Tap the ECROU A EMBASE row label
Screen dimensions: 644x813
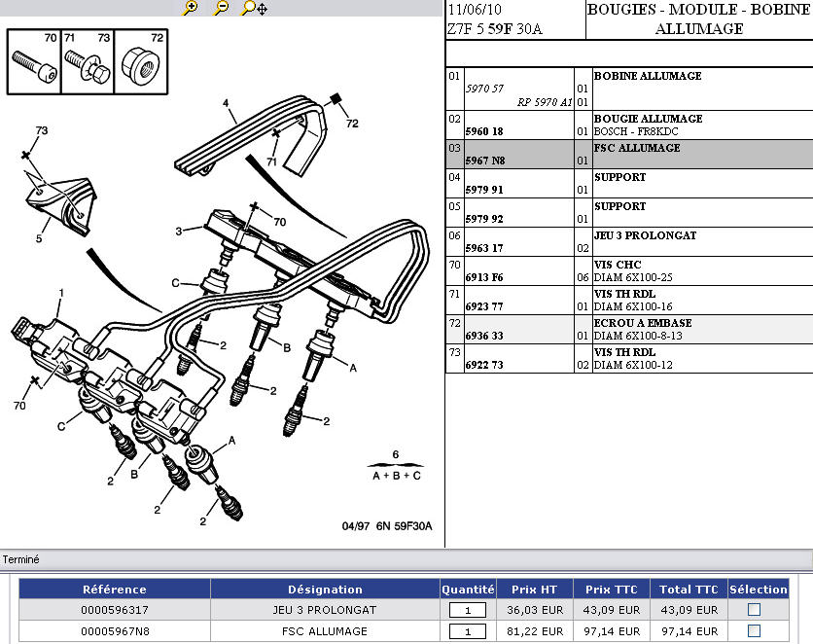click(642, 323)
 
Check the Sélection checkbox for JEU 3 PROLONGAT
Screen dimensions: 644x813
click(754, 610)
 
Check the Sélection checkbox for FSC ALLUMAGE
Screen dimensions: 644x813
click(754, 631)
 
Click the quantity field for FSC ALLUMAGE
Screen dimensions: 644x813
click(467, 631)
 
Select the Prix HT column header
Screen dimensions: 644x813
click(535, 590)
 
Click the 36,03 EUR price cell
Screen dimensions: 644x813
click(535, 610)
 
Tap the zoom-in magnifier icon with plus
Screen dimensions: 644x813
click(191, 8)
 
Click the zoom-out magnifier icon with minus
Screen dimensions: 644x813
click(222, 8)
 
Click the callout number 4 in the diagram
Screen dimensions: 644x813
click(225, 102)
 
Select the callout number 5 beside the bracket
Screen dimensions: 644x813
click(40, 237)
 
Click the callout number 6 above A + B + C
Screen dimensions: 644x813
click(395, 454)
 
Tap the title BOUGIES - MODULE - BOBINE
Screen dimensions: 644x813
click(699, 10)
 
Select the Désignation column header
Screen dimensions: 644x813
click(325, 590)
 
